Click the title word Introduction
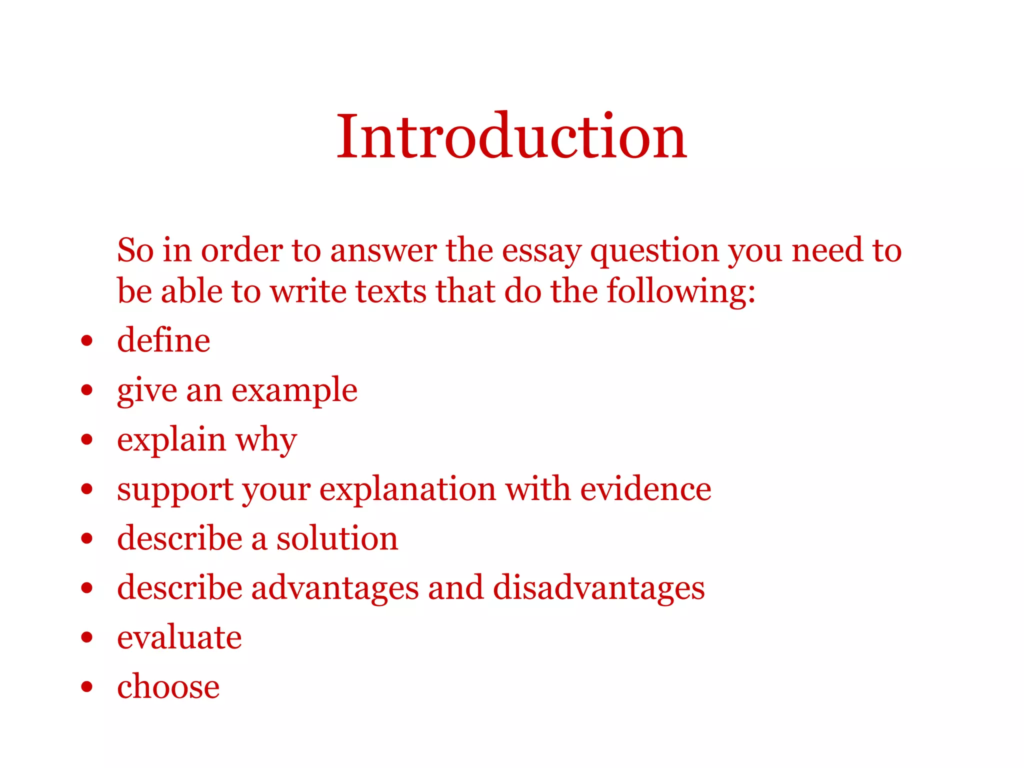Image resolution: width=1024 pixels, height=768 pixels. coord(511,136)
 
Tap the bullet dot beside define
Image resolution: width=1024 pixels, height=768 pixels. coord(87,341)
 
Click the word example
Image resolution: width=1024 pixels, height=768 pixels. coord(294,390)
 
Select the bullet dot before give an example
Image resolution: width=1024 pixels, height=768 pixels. coord(87,390)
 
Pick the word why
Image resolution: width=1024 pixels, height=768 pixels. coord(266,440)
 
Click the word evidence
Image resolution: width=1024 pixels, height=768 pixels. coord(645,488)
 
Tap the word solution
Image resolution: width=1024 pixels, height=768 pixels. coord(337,538)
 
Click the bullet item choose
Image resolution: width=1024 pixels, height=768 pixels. coord(168,686)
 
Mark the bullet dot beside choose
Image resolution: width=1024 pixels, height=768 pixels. coord(87,686)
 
